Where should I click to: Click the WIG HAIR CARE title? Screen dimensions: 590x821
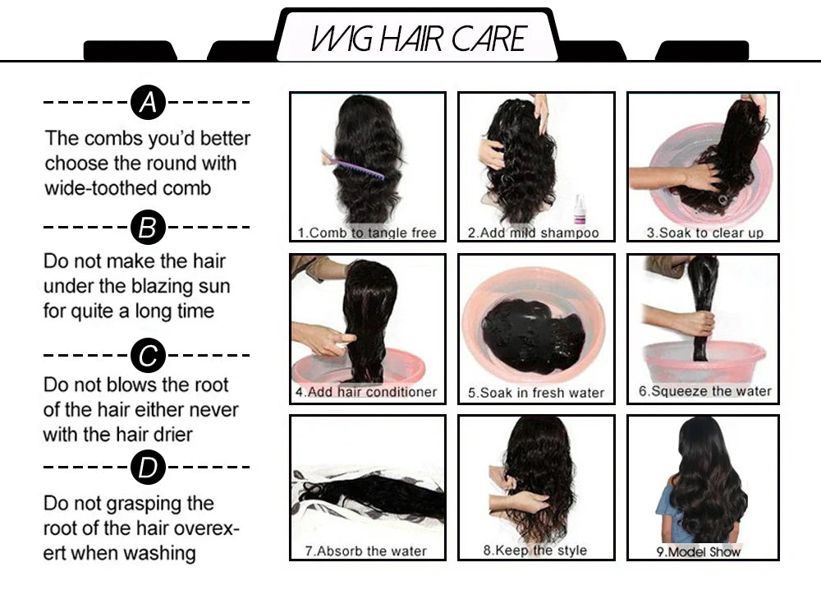tap(418, 39)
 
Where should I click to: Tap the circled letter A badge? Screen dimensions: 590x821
tap(148, 103)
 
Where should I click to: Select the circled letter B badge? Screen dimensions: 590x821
tap(148, 227)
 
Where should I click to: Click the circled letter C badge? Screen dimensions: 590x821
tap(148, 356)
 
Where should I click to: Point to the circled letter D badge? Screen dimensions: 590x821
tap(148, 468)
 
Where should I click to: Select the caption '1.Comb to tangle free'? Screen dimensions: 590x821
tap(367, 233)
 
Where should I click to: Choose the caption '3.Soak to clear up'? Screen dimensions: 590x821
tap(704, 233)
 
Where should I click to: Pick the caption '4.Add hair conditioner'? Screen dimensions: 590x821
tap(366, 392)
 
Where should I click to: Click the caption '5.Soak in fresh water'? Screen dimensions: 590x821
tap(536, 393)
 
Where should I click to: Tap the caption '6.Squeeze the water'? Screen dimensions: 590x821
tap(705, 391)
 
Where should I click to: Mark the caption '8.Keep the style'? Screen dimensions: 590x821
tap(535, 550)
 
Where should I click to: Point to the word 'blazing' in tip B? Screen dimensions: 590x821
tap(168, 286)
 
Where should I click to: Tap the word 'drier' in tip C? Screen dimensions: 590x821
tap(169, 434)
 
